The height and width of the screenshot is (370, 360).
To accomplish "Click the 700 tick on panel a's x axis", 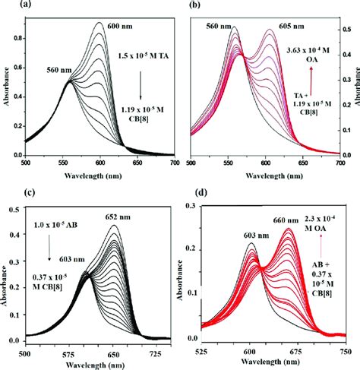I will [x=173, y=163].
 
